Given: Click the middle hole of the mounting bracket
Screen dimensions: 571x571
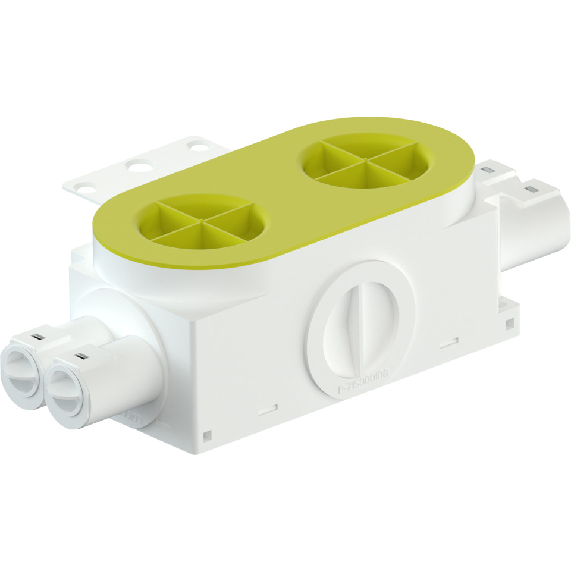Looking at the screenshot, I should click(x=138, y=166).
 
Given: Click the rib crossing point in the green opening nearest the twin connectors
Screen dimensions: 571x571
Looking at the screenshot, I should click(x=202, y=221).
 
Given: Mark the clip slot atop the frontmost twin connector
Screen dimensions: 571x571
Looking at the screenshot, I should click(x=81, y=357).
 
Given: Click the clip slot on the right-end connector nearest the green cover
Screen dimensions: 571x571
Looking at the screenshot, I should click(x=487, y=171).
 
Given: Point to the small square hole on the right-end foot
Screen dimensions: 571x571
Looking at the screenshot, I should click(x=510, y=324).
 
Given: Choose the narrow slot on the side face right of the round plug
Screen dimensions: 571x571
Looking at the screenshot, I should click(x=448, y=342).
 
